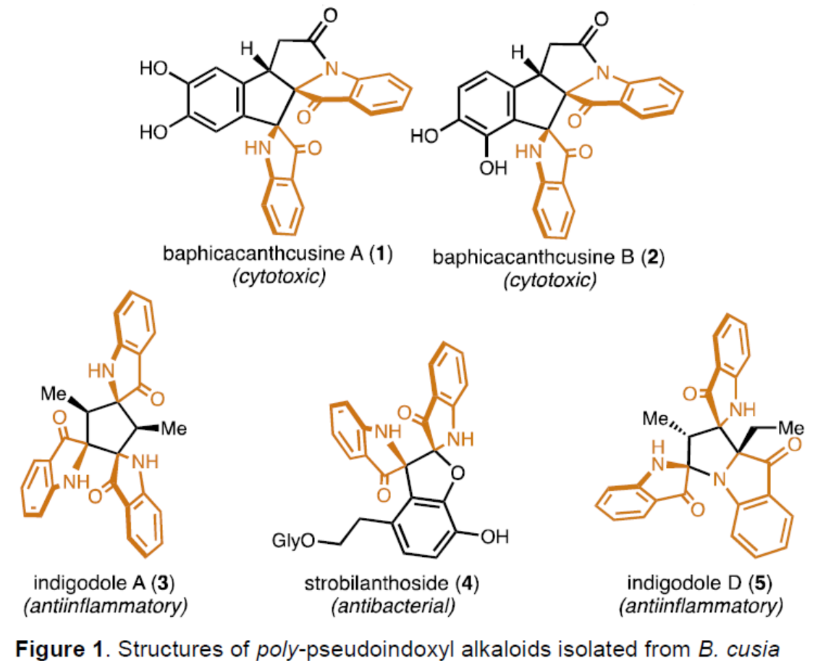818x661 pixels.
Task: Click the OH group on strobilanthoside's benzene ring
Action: coord(496,536)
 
